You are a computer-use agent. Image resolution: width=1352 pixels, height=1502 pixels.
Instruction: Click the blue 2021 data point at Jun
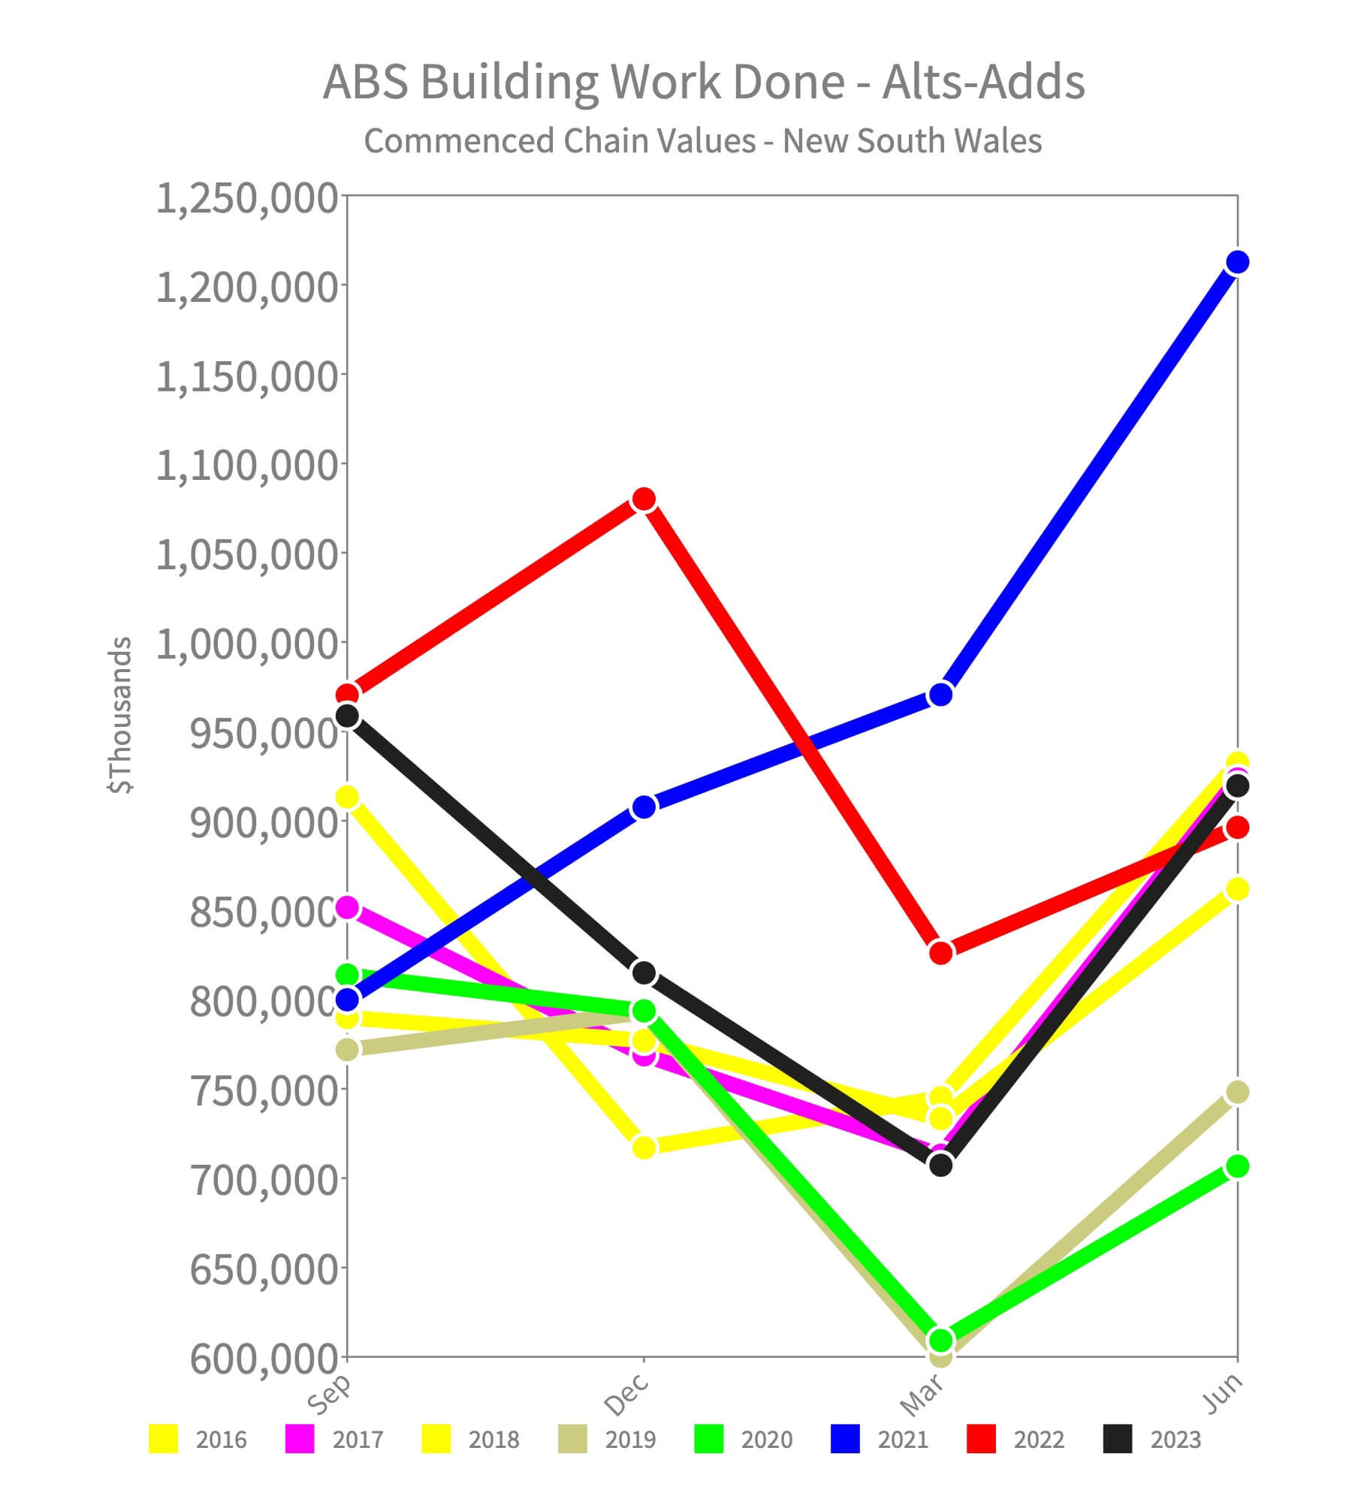1237,262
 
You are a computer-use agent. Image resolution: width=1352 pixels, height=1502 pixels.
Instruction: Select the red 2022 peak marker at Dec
644,499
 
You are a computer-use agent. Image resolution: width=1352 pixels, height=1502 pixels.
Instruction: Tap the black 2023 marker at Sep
347,716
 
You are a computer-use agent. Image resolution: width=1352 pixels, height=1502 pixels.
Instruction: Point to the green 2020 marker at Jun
1237,1166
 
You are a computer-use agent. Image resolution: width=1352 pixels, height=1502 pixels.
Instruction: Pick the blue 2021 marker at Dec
644,807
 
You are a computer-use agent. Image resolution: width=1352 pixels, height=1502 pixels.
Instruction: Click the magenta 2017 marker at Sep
347,907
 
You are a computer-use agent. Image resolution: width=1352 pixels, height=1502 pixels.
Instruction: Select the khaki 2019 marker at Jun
1237,1092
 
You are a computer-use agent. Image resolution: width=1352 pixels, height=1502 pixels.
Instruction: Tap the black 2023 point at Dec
644,973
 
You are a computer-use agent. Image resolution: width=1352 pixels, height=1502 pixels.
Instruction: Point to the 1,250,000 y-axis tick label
246,199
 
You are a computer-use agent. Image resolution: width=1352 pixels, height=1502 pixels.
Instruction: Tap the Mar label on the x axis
922,1393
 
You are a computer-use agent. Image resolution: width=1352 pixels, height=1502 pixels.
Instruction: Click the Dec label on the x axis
626,1393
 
